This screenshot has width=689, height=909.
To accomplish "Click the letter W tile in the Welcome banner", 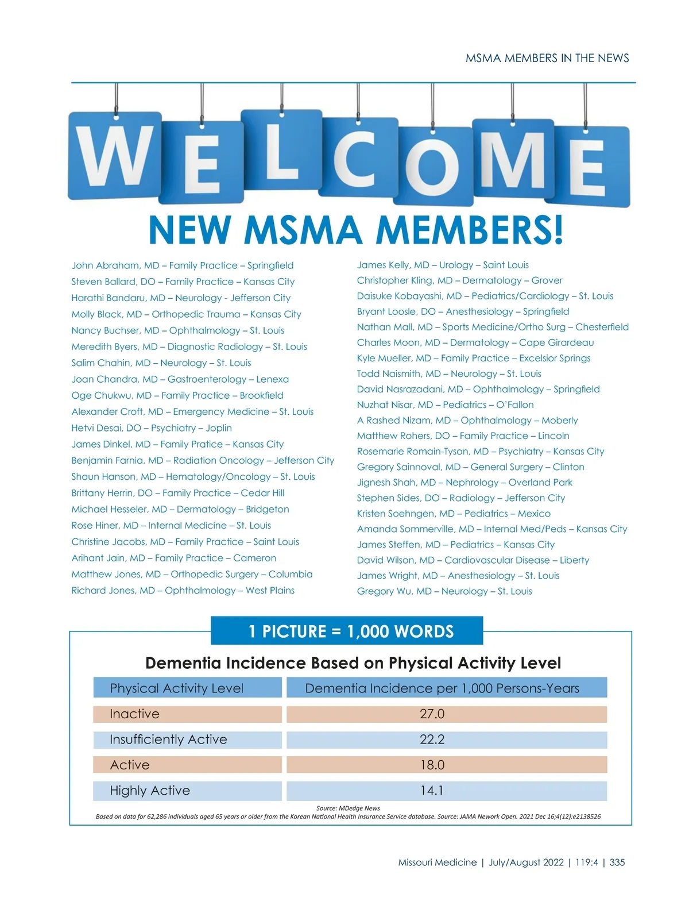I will point(115,156).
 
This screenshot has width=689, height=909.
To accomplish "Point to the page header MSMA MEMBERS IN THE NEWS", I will point(547,58).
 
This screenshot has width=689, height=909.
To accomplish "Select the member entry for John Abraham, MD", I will point(182,265).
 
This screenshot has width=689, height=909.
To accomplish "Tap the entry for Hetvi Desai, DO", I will point(152,428).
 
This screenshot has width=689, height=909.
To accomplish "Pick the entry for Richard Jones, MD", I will point(183,591).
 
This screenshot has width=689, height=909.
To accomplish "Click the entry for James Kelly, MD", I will point(443,265).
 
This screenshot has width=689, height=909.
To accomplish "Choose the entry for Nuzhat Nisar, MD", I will point(445,405).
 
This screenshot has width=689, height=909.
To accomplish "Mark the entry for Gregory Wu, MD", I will point(444,591).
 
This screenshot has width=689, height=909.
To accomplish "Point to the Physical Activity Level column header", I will point(177,688).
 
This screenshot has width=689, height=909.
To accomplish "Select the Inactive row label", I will point(135,714).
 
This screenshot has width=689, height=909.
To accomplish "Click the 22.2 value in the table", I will point(432,739).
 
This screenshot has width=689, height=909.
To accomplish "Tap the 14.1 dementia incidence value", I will point(432,791).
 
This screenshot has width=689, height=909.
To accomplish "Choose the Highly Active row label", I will point(150,791).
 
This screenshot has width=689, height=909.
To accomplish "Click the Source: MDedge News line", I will point(348,808).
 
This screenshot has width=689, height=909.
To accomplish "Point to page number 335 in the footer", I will point(617,862).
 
